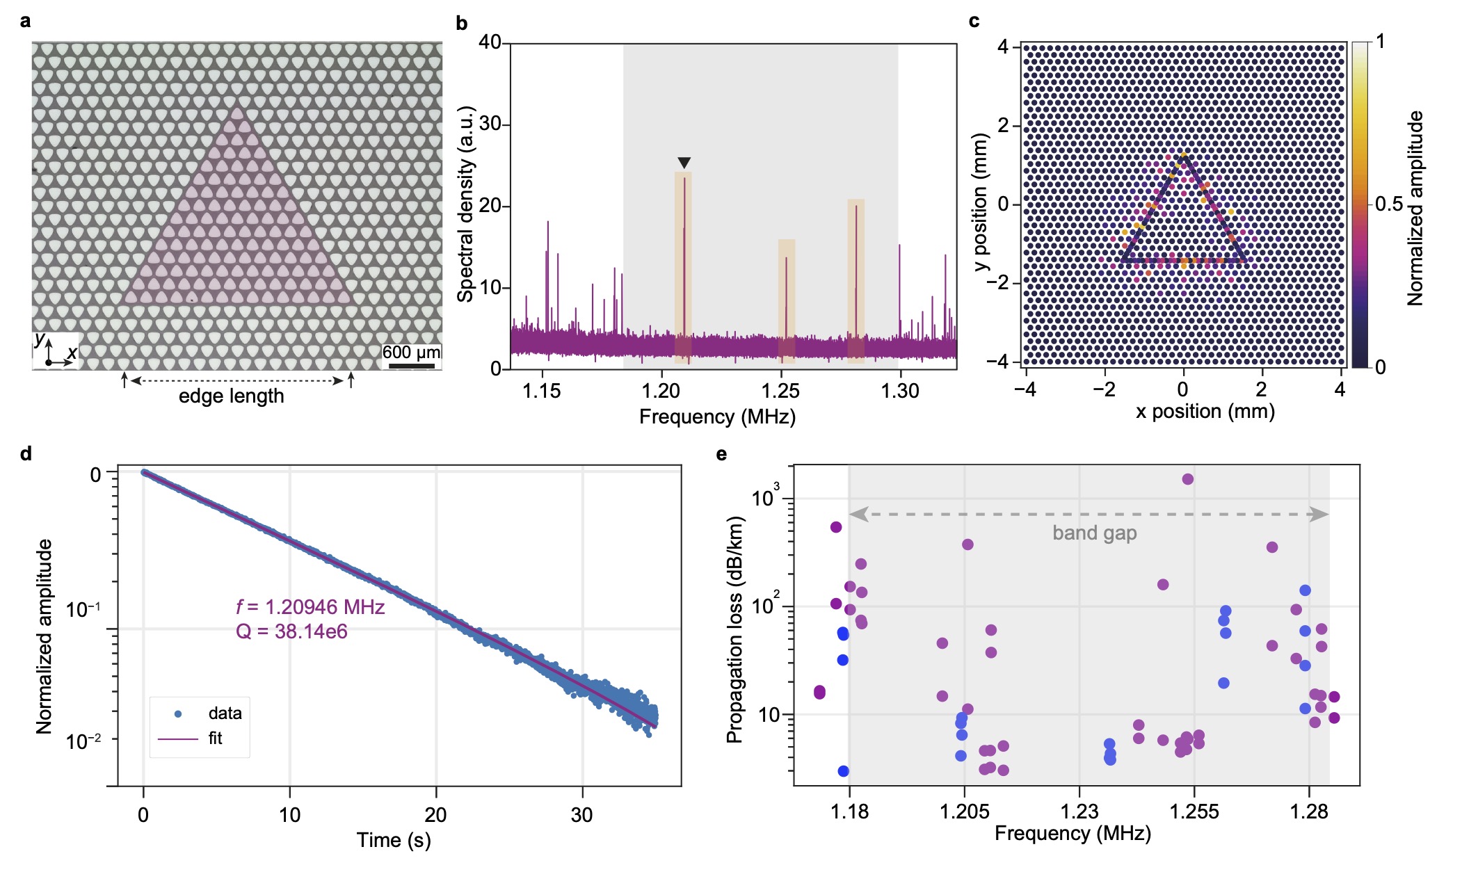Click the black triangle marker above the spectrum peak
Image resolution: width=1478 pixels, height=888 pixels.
[684, 163]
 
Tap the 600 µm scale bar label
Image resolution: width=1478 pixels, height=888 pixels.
[410, 353]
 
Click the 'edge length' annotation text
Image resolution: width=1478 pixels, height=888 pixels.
[232, 396]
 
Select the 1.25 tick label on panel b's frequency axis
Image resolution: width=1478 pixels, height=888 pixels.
[780, 391]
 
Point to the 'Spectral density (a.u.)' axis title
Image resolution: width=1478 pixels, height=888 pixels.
[465, 204]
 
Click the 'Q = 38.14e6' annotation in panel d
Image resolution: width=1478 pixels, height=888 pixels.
[291, 631]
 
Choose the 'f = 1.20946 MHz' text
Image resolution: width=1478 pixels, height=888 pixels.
[310, 607]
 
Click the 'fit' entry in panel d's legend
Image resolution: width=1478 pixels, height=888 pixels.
[215, 738]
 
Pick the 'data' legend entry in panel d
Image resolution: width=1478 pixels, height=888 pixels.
[225, 713]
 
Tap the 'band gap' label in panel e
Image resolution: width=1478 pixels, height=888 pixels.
[1094, 533]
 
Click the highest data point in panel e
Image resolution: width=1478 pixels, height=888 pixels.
[1187, 479]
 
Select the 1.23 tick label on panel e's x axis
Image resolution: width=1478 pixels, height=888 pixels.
[1079, 812]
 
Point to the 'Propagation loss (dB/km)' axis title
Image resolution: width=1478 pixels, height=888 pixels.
[735, 630]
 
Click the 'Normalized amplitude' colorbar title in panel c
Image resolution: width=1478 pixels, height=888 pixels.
[1415, 208]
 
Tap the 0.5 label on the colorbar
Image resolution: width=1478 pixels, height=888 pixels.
[1389, 204]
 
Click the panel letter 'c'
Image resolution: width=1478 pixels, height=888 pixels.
[974, 22]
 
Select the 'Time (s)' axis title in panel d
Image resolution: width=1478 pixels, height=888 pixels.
[394, 840]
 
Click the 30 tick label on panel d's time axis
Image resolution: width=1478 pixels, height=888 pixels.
[581, 815]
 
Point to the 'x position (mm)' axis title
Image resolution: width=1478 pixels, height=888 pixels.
[1205, 412]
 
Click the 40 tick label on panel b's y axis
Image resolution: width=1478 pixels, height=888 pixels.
[490, 42]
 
